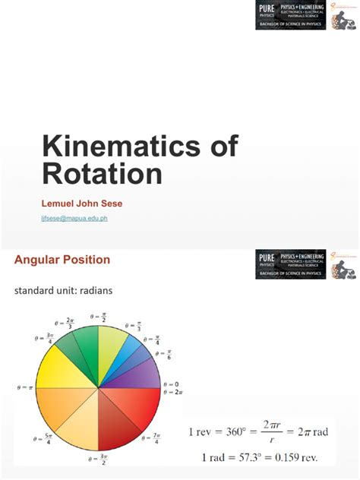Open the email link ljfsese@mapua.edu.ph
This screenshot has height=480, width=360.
click(x=74, y=218)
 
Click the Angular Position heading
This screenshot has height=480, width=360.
click(x=62, y=260)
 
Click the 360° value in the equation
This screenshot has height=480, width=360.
click(x=241, y=432)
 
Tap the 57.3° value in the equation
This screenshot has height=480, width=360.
click(x=249, y=457)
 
